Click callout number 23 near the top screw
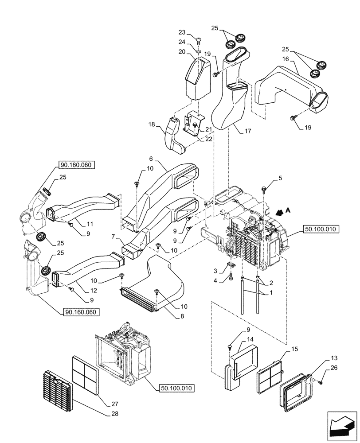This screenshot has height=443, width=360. coord(182,32)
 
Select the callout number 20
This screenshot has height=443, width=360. coord(182,52)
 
